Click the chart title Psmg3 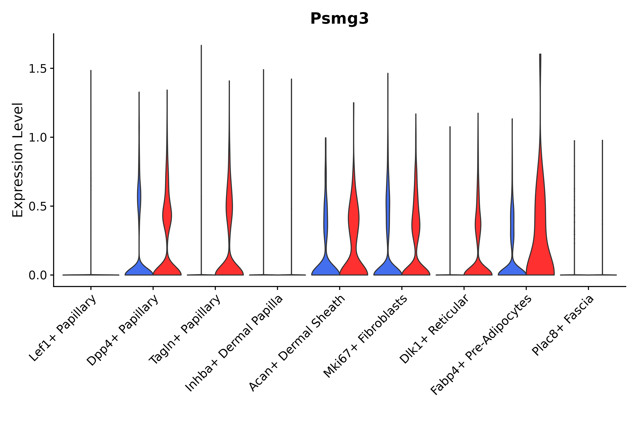point(339,19)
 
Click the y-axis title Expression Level point(18,160)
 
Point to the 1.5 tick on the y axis point(37,69)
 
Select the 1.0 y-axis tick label point(37,138)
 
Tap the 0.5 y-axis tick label point(37,206)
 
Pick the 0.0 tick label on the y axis point(37,275)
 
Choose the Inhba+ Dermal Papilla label point(234,343)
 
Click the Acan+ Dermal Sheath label point(297,343)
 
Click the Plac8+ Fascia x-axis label point(563,325)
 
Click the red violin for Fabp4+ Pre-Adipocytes point(540,231)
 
